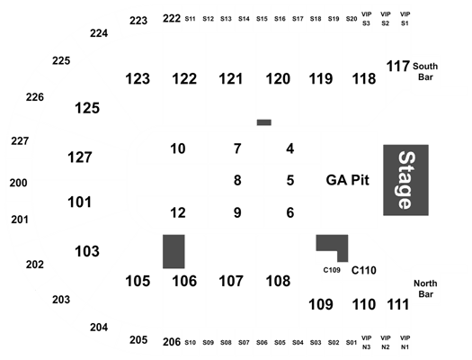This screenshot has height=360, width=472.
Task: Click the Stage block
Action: (405, 180)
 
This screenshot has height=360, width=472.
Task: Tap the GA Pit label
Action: (347, 180)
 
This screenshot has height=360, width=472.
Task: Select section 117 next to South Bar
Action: (397, 67)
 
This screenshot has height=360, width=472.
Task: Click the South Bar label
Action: (425, 72)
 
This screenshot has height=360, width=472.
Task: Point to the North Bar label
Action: (425, 289)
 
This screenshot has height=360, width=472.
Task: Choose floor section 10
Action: (178, 148)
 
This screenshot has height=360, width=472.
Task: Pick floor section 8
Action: (237, 181)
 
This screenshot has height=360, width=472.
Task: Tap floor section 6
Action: (289, 212)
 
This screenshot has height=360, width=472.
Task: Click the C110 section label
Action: (363, 271)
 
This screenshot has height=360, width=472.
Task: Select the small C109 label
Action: (332, 270)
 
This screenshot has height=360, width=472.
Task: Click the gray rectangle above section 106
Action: (174, 251)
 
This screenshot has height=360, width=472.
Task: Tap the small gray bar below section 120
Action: (264, 122)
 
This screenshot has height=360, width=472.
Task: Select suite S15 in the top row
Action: (262, 19)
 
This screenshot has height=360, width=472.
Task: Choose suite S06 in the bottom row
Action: (262, 343)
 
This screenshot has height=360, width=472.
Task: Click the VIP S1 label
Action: (405, 19)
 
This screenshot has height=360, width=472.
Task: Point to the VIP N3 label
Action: (366, 343)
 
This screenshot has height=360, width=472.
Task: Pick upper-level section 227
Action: (20, 141)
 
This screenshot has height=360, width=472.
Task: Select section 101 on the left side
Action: (79, 202)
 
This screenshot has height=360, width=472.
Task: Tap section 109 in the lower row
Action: (321, 304)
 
